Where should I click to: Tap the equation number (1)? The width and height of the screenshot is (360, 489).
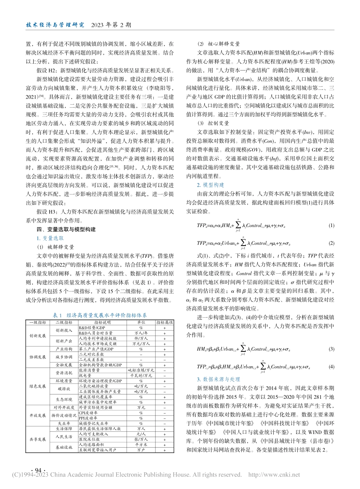[331, 226]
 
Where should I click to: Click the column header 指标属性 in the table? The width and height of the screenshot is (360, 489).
[165, 322]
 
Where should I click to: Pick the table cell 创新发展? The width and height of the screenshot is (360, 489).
[37, 336]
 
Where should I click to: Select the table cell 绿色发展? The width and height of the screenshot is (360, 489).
[37, 387]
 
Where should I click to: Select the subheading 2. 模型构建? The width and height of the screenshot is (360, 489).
[210, 185]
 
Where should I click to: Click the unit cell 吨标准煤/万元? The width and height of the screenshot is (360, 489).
[141, 369]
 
